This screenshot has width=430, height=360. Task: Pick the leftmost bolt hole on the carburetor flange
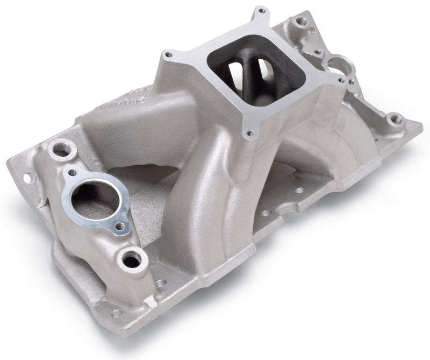[x=168, y=54]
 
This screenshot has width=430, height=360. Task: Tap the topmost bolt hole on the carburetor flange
[x=261, y=11]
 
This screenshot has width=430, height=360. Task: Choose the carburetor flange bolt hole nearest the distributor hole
[x=341, y=81]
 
